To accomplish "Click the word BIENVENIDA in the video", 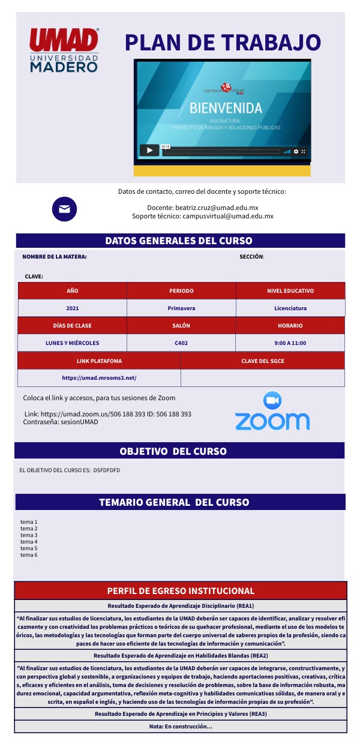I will point(226,108).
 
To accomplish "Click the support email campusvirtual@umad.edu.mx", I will point(228,216).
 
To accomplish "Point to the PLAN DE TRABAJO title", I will point(223,43).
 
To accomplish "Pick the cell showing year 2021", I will point(73,308).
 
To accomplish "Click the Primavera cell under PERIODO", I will point(181,308).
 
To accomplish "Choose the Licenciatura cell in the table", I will point(290,308).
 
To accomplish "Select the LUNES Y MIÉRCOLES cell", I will point(73,343).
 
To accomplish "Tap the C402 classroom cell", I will point(181,343).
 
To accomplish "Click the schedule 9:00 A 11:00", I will point(290,343).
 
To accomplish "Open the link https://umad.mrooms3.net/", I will point(100,378).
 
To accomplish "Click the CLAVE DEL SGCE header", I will point(262,361).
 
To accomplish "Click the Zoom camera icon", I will point(272,400).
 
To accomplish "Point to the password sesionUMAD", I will point(76,422).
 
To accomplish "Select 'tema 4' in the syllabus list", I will point(29,542).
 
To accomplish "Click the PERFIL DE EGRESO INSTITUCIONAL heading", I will point(181,590).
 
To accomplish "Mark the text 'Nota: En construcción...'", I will point(181,727).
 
